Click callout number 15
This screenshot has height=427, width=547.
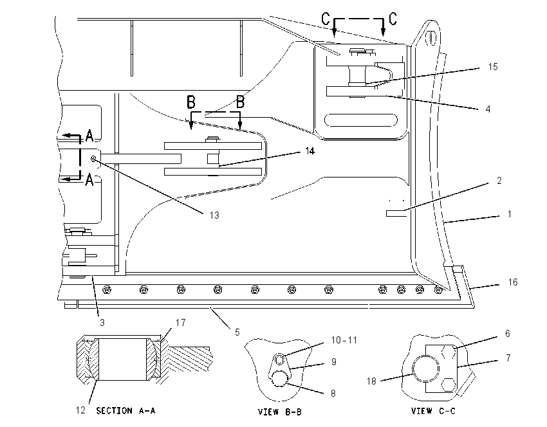[492, 67]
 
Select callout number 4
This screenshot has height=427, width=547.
[488, 109]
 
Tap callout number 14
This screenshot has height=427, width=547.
[310, 151]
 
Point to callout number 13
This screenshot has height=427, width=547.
[214, 215]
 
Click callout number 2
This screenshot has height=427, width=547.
[499, 181]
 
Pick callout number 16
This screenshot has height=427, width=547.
[513, 282]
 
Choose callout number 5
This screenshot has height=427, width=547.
[237, 332]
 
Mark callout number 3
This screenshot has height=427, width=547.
[102, 322]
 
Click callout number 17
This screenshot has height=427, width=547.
[180, 322]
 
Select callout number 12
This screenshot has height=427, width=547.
[80, 410]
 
